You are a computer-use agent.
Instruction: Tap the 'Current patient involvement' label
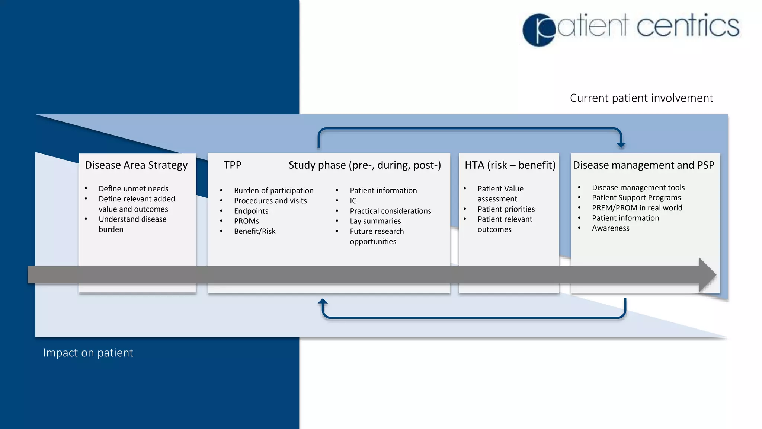[641, 98]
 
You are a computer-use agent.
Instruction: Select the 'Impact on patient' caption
[88, 353]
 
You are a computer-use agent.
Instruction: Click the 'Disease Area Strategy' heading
[136, 165]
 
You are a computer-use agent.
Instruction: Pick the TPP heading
[233, 165]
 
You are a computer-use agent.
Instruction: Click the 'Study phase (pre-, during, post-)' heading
[365, 165]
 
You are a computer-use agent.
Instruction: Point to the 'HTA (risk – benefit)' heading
[510, 165]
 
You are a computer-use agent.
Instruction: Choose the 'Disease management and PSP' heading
[643, 165]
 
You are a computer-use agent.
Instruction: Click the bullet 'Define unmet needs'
[133, 189]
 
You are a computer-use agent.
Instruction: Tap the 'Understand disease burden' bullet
[132, 224]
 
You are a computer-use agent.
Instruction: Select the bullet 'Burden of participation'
[273, 191]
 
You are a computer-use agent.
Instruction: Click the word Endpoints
[251, 211]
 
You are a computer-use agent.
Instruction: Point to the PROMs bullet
[246, 221]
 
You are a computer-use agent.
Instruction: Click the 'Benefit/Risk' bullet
[254, 231]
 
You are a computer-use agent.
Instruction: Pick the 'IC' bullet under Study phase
[353, 201]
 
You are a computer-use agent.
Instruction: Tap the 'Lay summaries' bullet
[375, 221]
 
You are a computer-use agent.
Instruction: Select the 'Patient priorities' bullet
[506, 209]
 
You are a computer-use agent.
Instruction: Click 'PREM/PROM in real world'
[637, 208]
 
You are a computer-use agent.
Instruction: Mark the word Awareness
[611, 228]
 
